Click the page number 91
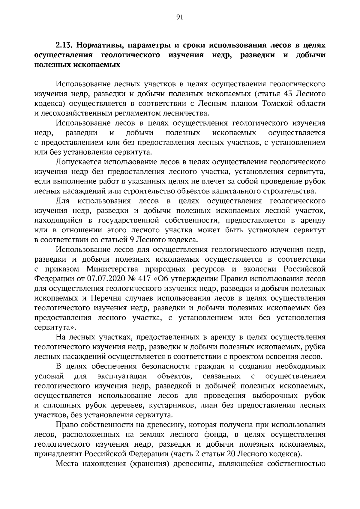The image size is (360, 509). point(180,17)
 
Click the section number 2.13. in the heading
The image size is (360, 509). point(64,46)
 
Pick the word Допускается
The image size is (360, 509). point(78,162)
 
